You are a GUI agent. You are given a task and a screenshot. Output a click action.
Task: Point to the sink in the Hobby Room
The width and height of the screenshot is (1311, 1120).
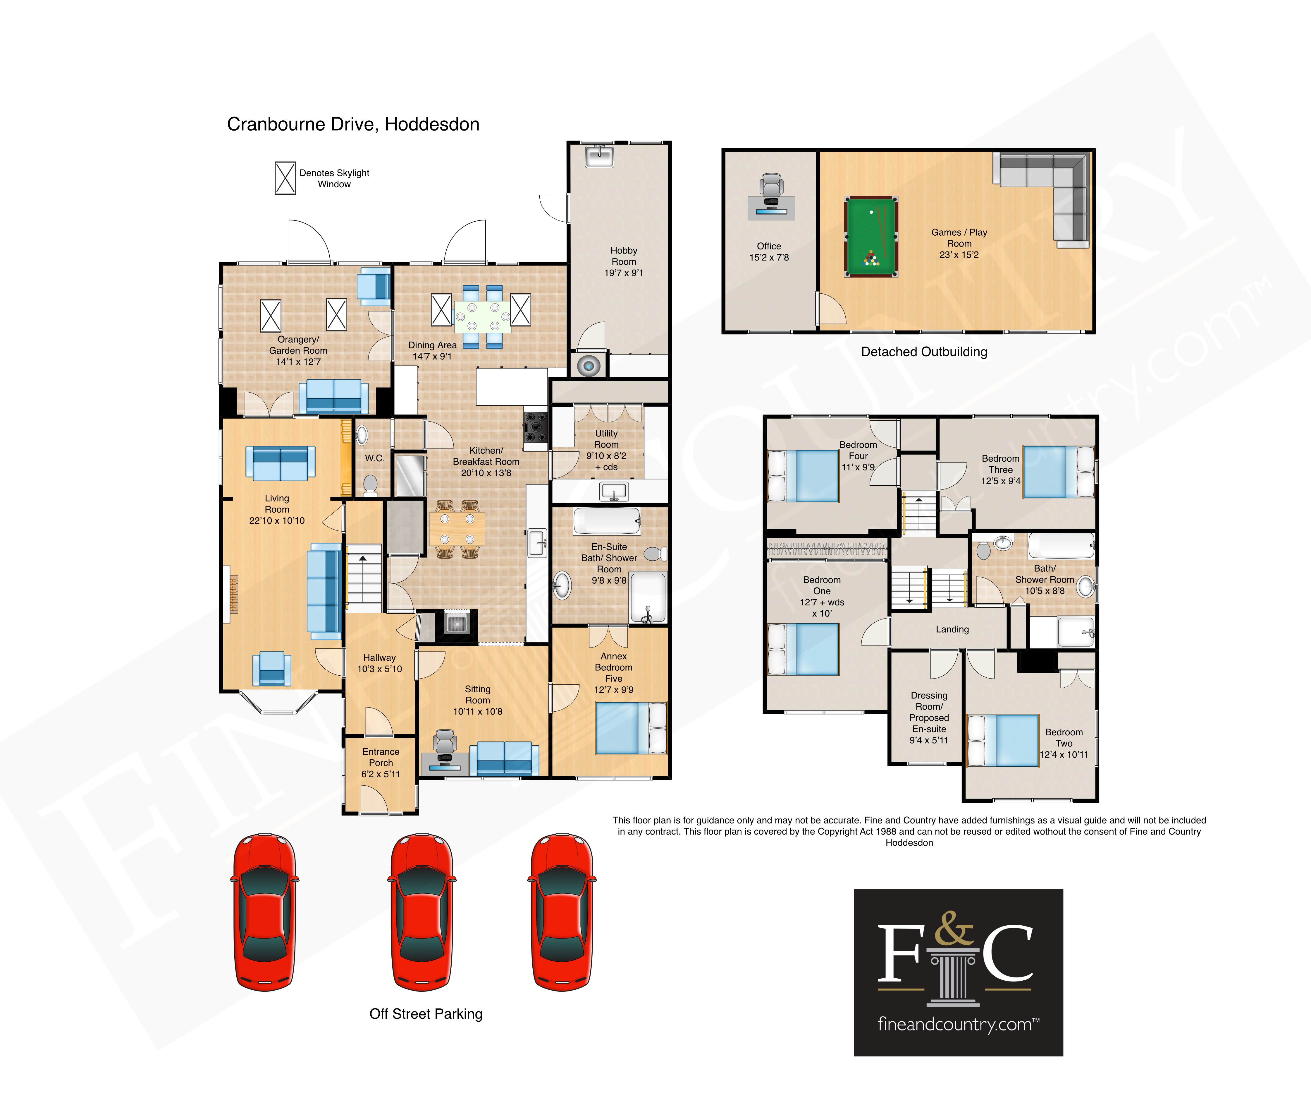pos(598,156)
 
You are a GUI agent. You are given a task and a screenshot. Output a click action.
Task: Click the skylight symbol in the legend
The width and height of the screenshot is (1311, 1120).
pos(285,178)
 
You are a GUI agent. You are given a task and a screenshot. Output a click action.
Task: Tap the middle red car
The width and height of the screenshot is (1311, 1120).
pos(421,912)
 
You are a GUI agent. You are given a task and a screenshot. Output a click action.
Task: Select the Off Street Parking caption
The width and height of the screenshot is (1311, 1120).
pos(426,1014)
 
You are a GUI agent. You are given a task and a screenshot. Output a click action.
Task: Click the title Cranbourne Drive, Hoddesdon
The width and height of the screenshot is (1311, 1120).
pos(353,124)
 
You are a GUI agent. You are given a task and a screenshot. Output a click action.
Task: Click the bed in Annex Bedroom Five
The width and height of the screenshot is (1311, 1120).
pos(631,728)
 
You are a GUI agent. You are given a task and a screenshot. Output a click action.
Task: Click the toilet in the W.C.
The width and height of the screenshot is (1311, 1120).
pos(370,486)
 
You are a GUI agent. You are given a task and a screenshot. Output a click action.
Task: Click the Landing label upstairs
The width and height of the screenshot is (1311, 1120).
pos(952,629)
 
